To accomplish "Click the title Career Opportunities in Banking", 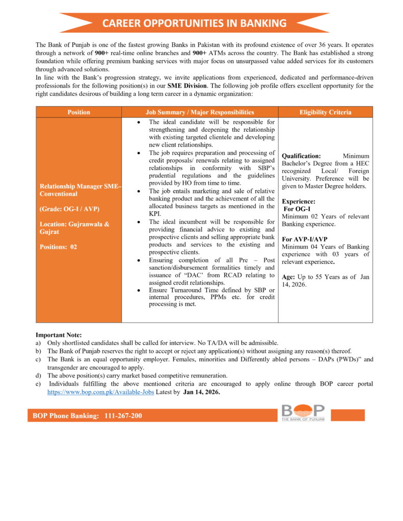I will point(194,23).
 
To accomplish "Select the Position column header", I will point(78,112).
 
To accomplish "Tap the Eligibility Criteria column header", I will point(325,112).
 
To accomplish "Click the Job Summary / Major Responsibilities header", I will point(200,112).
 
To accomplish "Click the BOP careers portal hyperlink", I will point(100,392).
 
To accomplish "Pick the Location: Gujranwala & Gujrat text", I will point(74,228).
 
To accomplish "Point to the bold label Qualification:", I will point(301,156).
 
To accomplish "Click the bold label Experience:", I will point(299,201).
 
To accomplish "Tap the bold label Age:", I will point(289,277).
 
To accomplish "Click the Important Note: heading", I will point(58,335).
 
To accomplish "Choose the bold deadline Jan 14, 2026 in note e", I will point(202,392).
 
